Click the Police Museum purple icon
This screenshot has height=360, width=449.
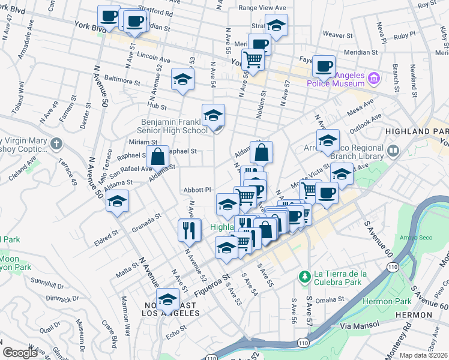(x=374, y=78)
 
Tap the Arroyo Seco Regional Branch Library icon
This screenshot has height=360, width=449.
(x=394, y=151)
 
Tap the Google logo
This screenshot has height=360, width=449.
(x=20, y=353)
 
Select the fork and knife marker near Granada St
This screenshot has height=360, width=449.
(x=189, y=229)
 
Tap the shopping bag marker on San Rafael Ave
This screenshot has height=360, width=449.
(x=157, y=157)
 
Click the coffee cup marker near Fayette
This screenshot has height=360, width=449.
(x=324, y=66)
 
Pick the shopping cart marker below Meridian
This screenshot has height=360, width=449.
(x=253, y=60)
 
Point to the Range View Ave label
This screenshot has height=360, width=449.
(x=262, y=8)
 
